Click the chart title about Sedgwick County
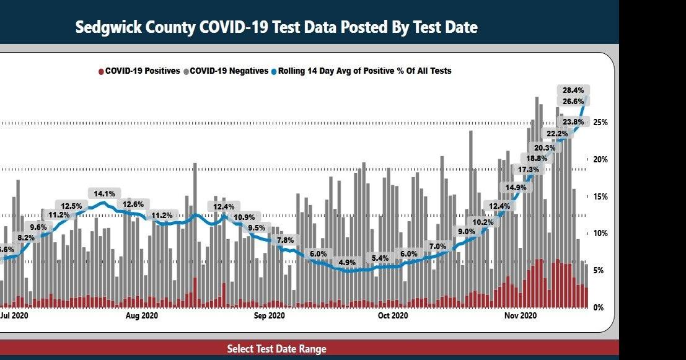[276, 28]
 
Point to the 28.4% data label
[573, 90]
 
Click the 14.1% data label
[105, 193]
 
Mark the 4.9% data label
[348, 263]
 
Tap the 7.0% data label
[438, 246]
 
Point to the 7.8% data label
[286, 240]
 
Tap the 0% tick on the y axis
[599, 308]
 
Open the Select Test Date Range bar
[276, 349]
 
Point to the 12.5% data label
[72, 206]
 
